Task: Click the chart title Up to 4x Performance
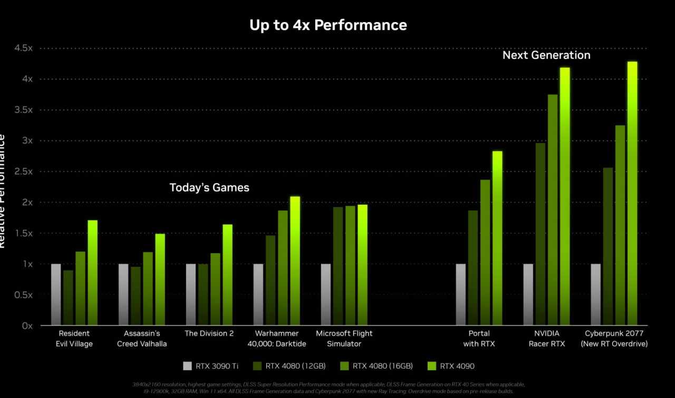click(x=328, y=25)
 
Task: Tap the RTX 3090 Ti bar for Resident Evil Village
click(x=56, y=294)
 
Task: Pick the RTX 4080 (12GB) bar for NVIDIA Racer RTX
click(x=541, y=234)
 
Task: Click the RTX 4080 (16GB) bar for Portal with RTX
click(x=485, y=252)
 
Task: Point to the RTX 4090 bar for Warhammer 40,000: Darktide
click(x=295, y=261)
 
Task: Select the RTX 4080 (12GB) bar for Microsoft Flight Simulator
click(x=338, y=266)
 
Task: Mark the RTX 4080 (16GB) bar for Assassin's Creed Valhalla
click(x=148, y=288)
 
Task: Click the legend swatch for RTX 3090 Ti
click(x=187, y=366)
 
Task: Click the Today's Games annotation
click(x=209, y=187)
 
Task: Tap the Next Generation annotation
click(x=546, y=55)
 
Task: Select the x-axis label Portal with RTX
click(x=479, y=339)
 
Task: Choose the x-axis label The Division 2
click(x=209, y=333)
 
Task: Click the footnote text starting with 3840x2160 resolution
click(x=329, y=387)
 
